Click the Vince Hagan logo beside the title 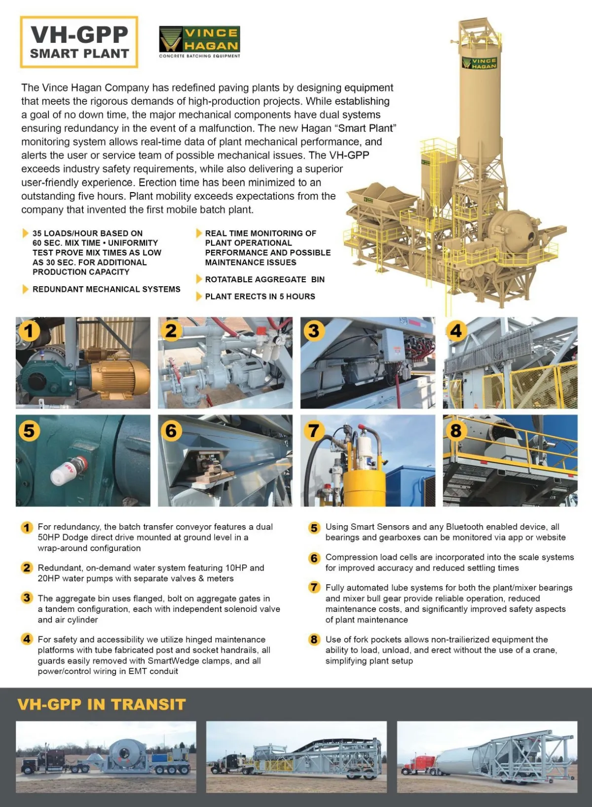[199, 40]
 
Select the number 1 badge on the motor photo [29, 331]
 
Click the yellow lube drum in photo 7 [364, 485]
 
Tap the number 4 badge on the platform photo [456, 331]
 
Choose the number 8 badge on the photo [456, 430]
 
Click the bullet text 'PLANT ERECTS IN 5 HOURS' [260, 297]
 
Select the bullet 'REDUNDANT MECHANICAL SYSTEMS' [106, 289]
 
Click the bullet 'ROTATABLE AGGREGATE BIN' [264, 279]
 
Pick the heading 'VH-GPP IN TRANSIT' [102, 705]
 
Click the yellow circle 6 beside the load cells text [314, 558]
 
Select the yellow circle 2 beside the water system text [27, 568]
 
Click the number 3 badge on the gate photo [314, 331]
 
